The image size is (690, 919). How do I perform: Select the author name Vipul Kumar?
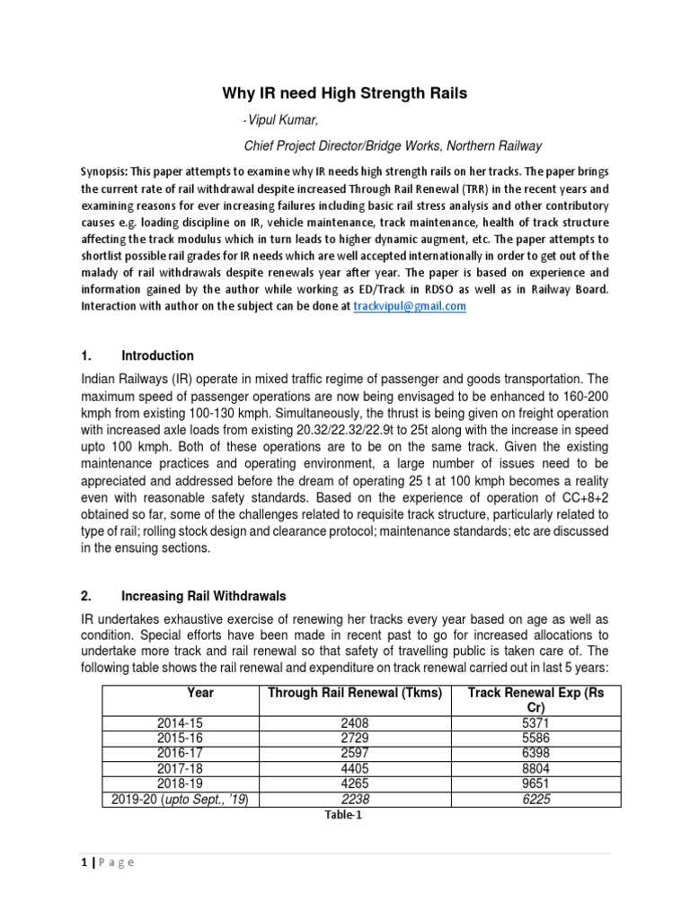[x=283, y=121]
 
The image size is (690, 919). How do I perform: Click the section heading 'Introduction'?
[x=157, y=355]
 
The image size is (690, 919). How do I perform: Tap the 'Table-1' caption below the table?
[x=346, y=815]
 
